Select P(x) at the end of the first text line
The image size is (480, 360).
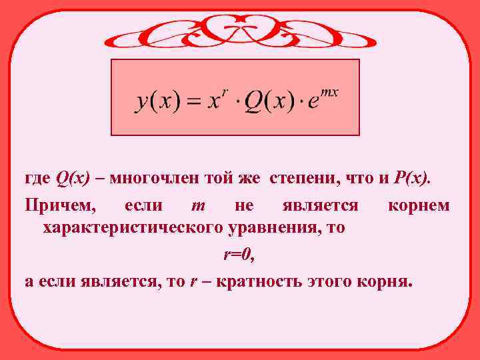414,179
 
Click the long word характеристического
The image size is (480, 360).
133,229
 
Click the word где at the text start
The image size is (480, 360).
37,179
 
